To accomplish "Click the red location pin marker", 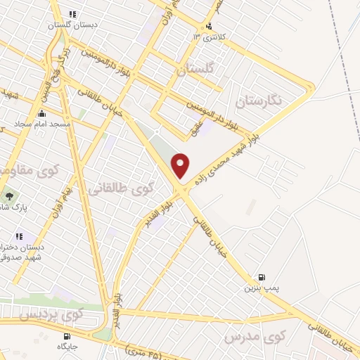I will tap(181, 165).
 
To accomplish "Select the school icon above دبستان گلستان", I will tap(72, 13).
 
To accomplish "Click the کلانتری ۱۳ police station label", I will tap(214, 37).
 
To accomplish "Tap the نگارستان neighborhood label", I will tap(259, 100).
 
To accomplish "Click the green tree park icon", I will tap(8, 197).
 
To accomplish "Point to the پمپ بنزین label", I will tap(257, 288).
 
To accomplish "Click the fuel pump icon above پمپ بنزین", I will tap(262, 278).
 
